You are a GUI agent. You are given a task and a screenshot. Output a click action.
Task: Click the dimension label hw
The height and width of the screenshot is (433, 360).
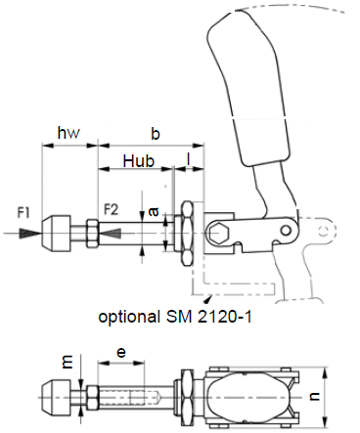pos(68,133)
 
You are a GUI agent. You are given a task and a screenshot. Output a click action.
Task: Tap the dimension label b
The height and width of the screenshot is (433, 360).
pos(156,133)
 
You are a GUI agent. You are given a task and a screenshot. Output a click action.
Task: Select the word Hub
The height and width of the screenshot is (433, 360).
pos(139,160)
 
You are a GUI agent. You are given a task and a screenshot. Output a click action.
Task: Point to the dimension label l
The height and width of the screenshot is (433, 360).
pos(188,160)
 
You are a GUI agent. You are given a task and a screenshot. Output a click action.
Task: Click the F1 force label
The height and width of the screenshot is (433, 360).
pos(23,213)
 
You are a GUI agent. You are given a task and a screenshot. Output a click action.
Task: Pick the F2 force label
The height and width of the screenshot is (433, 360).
pos(111,209)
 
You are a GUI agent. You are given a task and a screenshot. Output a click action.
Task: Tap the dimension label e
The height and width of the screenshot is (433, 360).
pos(121,353)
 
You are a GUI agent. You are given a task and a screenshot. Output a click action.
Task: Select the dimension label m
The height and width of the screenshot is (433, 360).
pos(67,362)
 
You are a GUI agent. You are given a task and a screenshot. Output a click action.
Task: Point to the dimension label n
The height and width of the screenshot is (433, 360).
pos(314,396)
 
